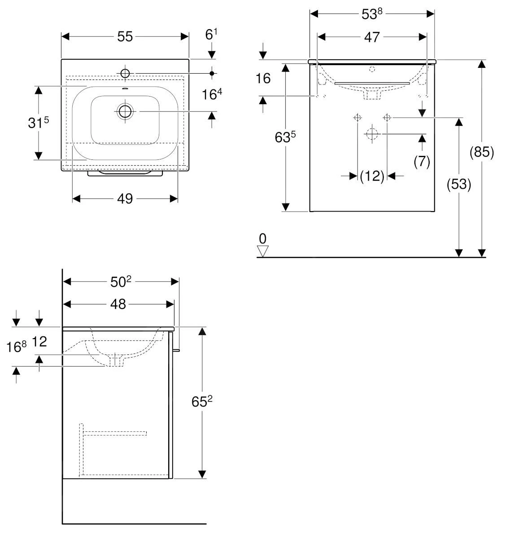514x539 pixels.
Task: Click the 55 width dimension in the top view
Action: [x=125, y=36]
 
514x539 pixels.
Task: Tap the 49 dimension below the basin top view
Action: [x=125, y=198]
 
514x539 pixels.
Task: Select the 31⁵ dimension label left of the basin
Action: [x=38, y=123]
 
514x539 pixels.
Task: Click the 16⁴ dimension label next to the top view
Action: [x=212, y=95]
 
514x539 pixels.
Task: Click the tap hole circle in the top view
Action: [x=125, y=73]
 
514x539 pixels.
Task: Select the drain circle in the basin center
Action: [x=125, y=111]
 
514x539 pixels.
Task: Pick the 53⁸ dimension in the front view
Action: [x=372, y=14]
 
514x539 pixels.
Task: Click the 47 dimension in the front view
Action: [x=372, y=37]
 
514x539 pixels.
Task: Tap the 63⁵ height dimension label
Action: [x=285, y=137]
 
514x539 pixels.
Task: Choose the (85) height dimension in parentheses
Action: [x=482, y=153]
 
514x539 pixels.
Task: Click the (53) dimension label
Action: [x=459, y=184]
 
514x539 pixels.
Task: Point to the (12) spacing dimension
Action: [x=372, y=177]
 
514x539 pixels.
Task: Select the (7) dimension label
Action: [x=422, y=161]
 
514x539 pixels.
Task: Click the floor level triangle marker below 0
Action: [x=263, y=251]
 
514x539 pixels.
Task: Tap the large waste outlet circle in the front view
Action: [x=372, y=133]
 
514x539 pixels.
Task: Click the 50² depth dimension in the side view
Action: [x=121, y=282]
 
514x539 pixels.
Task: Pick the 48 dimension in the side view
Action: [x=118, y=304]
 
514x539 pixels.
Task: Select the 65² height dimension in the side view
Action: [x=202, y=402]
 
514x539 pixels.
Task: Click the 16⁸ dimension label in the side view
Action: [x=17, y=346]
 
